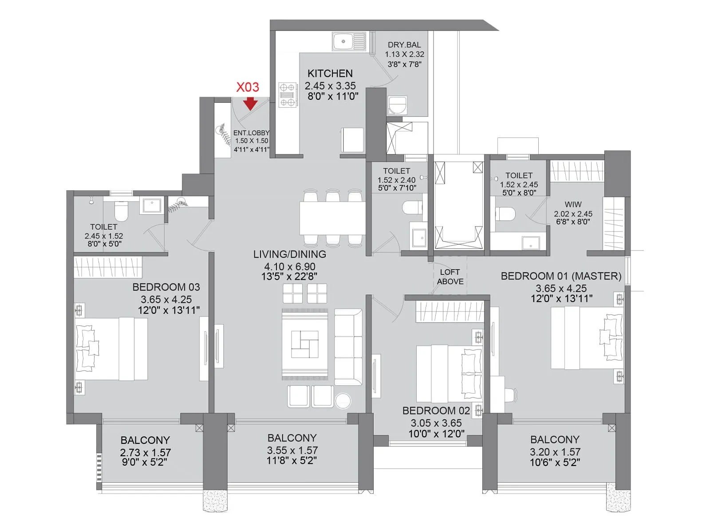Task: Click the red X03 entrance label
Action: [x=247, y=87]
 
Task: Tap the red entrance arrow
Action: [x=251, y=104]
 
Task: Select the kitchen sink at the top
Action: [x=349, y=42]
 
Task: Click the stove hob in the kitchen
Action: [x=287, y=95]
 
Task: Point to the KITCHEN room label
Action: [x=330, y=74]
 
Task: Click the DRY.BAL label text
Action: [x=404, y=45]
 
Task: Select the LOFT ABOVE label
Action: [x=450, y=277]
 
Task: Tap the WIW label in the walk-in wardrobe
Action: [x=573, y=204]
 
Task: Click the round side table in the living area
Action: [x=343, y=401]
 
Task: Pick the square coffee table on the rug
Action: [x=305, y=344]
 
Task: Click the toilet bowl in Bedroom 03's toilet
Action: [x=121, y=211]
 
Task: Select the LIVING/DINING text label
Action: [x=290, y=254]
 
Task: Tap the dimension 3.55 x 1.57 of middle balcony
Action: [x=292, y=450]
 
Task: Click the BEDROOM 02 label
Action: [x=436, y=411]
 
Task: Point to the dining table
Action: [x=332, y=218]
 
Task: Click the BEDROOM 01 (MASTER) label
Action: [x=561, y=276]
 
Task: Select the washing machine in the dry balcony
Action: [x=397, y=106]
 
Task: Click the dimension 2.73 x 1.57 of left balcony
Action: [x=145, y=453]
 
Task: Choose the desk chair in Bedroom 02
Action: [x=511, y=394]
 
